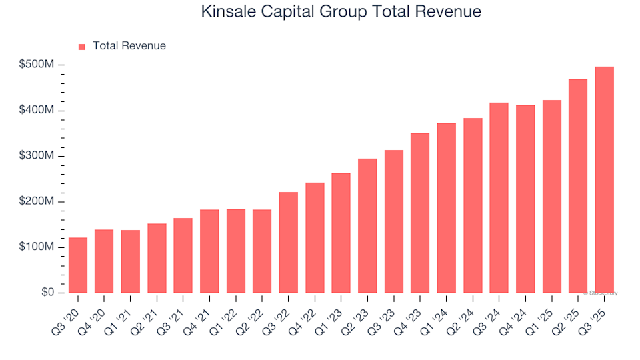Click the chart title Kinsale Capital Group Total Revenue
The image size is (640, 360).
point(340,11)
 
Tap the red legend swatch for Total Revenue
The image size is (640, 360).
point(82,47)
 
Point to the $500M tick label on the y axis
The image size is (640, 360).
point(37,65)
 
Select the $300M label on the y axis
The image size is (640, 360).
point(37,156)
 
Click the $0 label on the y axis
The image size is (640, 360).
point(46,293)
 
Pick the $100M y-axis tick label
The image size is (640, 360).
point(37,247)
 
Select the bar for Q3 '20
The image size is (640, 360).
point(78,265)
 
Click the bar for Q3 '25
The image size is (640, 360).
point(604,180)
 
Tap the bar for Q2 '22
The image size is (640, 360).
point(262,251)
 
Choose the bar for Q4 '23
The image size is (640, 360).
point(420,213)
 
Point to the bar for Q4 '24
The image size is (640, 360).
point(525,199)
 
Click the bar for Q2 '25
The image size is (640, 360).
point(578,186)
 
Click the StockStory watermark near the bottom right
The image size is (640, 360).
point(602,293)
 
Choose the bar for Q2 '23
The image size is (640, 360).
point(367,226)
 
